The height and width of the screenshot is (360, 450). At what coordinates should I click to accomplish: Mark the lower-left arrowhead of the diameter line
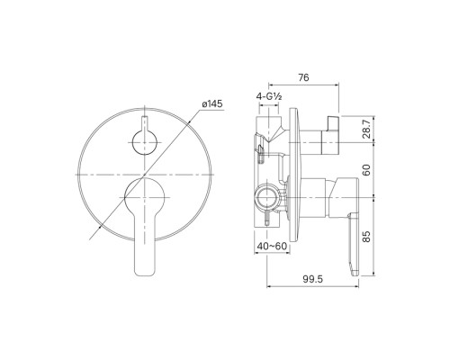(92, 236)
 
